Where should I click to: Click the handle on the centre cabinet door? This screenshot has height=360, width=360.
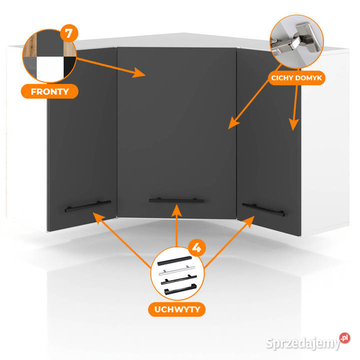(176, 200)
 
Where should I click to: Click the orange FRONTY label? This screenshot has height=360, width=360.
(49, 91)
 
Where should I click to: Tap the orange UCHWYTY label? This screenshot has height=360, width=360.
(174, 309)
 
